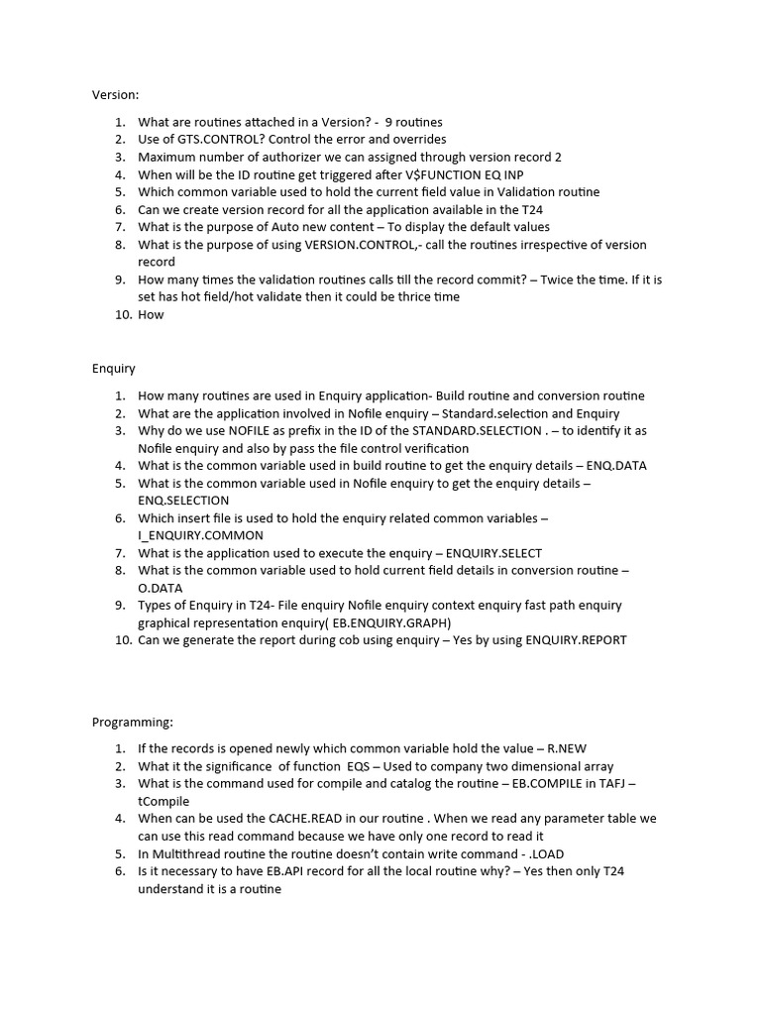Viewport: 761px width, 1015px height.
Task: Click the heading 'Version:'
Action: [x=116, y=94]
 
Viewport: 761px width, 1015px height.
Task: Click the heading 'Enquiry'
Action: [x=114, y=368]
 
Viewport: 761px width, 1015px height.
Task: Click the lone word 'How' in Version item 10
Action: [x=151, y=314]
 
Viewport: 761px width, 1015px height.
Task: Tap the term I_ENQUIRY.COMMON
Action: [x=200, y=535]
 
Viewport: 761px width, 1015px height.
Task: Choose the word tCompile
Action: [x=163, y=801]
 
